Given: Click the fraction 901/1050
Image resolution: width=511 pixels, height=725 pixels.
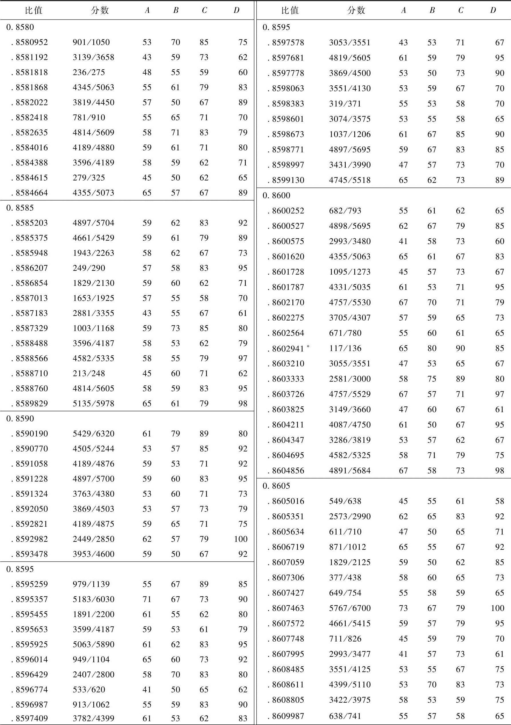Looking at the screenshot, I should [91, 42].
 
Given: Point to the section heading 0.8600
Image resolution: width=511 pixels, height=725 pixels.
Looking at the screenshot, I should [276, 195].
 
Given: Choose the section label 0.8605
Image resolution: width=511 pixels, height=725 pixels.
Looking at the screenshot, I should [276, 486].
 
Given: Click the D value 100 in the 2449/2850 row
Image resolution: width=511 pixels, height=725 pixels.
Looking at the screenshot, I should [241, 539].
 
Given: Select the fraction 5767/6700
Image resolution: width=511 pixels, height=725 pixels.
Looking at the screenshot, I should [350, 608].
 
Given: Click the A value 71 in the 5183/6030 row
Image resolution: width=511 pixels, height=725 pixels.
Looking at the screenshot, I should [147, 599].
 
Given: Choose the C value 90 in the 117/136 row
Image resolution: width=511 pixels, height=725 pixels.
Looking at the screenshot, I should [460, 348].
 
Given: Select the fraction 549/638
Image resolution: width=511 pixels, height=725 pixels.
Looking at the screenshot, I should [345, 501].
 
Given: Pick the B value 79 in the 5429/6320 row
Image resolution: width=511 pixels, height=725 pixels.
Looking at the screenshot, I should [175, 434].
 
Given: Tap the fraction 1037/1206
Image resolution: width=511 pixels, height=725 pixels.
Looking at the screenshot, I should [350, 134].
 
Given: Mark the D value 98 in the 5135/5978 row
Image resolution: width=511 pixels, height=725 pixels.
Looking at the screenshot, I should [243, 403].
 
